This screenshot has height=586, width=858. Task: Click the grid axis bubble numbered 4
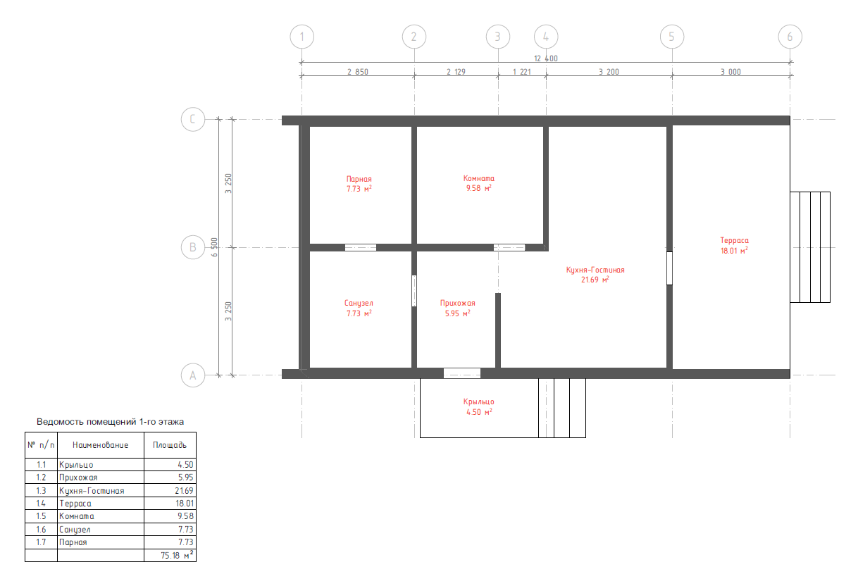pos(546,37)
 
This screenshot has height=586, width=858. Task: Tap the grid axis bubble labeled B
pos(193,247)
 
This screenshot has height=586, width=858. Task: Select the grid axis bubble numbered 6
pos(790,37)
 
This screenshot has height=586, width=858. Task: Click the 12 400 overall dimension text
pos(546,58)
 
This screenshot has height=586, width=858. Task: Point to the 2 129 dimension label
pos(456,72)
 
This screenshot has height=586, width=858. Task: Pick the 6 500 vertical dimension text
pos(214,247)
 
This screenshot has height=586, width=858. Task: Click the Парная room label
pos(359,179)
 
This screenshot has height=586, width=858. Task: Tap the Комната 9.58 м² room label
pos(479,183)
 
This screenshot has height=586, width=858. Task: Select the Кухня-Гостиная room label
pos(595,270)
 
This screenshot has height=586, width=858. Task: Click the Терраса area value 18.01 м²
pos(734,251)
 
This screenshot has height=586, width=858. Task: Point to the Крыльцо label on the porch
pos(479,401)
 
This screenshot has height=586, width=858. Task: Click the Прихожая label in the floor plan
pos(458,303)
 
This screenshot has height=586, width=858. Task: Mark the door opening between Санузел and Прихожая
pos(414,291)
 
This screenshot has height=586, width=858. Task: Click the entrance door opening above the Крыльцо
pos(462,373)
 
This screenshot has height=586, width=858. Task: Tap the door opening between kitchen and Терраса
pos(669,268)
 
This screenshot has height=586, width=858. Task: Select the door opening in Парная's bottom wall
pos(361,247)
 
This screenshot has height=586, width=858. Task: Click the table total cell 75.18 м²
pos(177,554)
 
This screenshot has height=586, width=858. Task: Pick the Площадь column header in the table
pos(170,444)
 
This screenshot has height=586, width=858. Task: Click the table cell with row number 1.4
pos(41,504)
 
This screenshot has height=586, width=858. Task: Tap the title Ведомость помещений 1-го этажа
pos(111,421)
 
